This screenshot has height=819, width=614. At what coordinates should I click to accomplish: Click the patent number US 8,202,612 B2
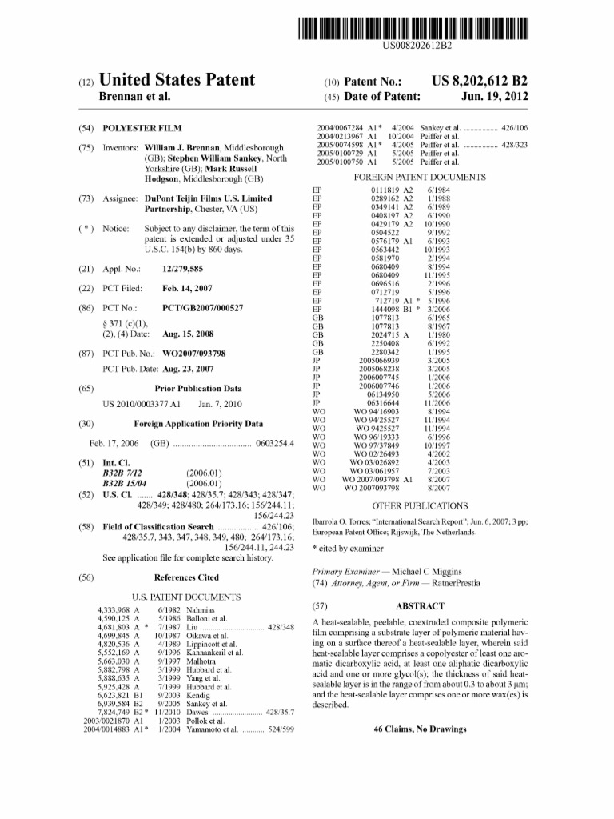coord(480,81)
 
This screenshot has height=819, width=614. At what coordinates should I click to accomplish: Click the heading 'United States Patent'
coord(177,80)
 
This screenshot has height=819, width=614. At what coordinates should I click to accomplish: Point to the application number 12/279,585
coord(182,270)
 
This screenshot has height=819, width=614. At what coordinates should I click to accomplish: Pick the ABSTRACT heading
coord(420,607)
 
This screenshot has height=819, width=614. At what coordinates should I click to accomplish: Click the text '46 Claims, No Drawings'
coord(420,729)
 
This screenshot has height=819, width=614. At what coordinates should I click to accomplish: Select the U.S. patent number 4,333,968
coord(114,610)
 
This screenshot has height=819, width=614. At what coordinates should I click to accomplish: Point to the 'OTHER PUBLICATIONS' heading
coord(420,505)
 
